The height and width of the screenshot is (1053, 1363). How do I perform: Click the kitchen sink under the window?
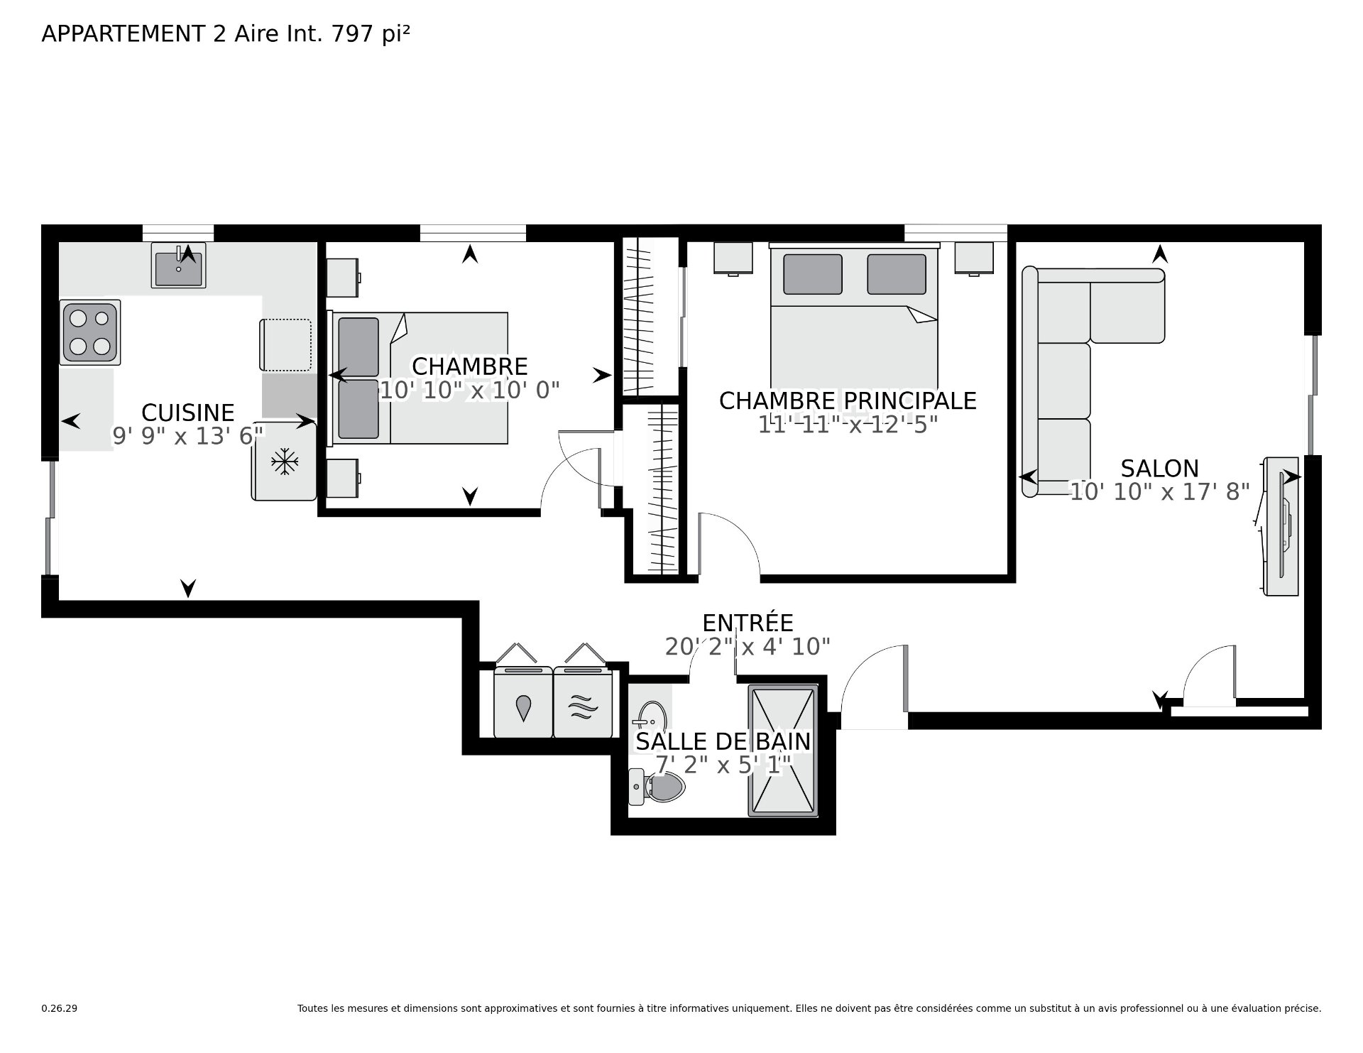pos(178,265)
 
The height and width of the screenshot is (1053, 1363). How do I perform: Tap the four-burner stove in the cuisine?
pos(90,332)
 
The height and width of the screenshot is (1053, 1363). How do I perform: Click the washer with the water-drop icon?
pos(523,702)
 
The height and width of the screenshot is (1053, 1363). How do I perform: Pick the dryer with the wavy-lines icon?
pos(583,702)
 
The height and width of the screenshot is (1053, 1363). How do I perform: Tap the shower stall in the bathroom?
pos(782,751)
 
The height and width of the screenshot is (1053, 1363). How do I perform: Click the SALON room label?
pos(1160,469)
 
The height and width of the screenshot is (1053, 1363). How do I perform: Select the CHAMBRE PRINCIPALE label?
pos(848,401)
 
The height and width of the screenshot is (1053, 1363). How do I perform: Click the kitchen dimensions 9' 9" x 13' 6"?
pos(188,436)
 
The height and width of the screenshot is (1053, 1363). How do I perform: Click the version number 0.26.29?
pos(60,1008)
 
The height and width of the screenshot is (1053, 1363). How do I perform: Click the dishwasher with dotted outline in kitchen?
pos(286,345)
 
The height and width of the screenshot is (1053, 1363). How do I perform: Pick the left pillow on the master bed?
pos(813,274)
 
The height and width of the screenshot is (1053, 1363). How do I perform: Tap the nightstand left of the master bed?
pos(733,258)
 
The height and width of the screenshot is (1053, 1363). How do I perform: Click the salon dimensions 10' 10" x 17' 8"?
pos(1160,491)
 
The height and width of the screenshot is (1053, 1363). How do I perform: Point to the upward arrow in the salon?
pos(1160,253)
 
